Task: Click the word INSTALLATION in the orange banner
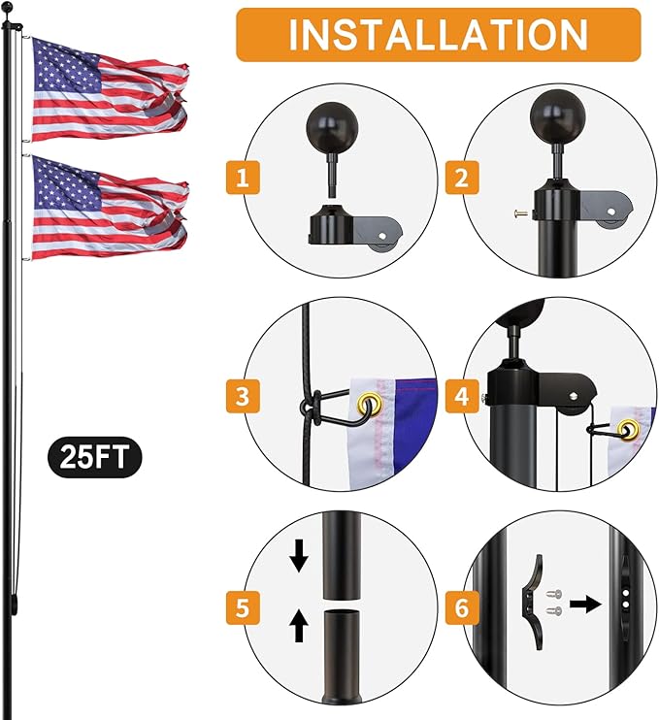(438, 34)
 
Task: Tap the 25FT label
(92, 457)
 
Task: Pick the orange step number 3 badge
(242, 396)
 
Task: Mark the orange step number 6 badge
(459, 609)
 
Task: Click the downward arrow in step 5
(299, 556)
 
